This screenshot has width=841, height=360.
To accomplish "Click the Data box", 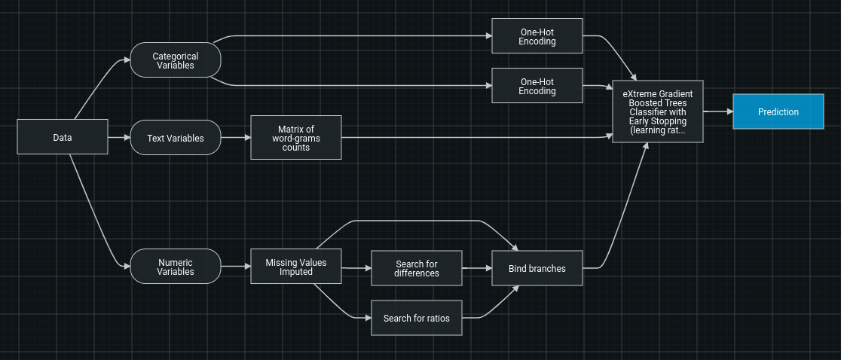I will click(x=62, y=137).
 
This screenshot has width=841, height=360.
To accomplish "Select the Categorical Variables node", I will click(x=175, y=60).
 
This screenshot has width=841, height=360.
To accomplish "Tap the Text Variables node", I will click(x=175, y=138).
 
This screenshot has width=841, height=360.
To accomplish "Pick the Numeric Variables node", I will click(x=175, y=267).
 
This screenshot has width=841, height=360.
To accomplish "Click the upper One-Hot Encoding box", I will click(x=537, y=36).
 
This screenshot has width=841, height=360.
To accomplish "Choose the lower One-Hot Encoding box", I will click(x=537, y=86).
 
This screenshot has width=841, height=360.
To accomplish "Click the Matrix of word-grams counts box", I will click(x=295, y=138).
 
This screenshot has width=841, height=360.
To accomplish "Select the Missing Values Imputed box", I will click(x=295, y=267).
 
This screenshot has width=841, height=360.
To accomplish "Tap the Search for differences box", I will click(x=416, y=268).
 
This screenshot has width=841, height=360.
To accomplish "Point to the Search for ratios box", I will click(x=416, y=318).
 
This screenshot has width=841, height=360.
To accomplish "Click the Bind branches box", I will click(x=537, y=268).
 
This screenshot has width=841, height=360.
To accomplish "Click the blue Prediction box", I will click(x=778, y=111).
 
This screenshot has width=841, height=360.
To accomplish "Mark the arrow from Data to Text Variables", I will click(x=119, y=138).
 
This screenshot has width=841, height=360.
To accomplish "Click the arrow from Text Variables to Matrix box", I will click(x=236, y=138).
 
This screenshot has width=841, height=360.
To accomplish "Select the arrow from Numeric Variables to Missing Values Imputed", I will click(x=236, y=267).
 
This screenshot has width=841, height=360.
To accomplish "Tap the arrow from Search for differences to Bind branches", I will click(x=477, y=268).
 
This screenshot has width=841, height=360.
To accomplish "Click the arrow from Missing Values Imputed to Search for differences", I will click(x=356, y=268).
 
